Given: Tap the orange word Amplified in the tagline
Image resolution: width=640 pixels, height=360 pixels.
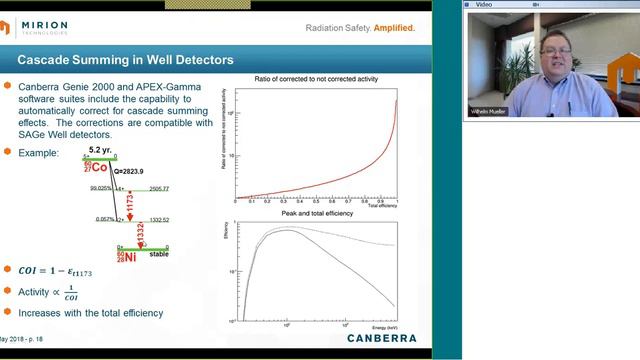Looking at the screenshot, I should [x=394, y=27].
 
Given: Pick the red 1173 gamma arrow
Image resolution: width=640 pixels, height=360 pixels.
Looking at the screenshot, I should [x=130, y=209].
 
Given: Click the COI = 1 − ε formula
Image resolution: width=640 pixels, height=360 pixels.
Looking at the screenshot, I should [x=60, y=271].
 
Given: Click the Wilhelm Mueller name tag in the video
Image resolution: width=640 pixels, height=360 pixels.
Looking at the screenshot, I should [x=489, y=111].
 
